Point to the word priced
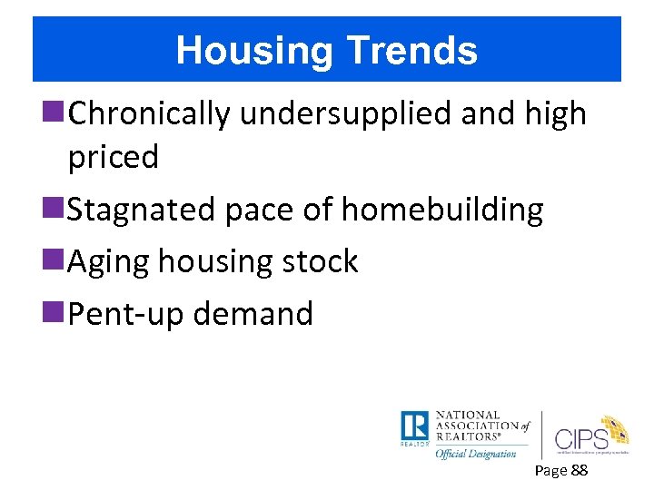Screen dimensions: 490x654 point(113,157)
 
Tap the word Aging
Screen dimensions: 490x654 point(109,261)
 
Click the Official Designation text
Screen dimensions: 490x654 point(475,453)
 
